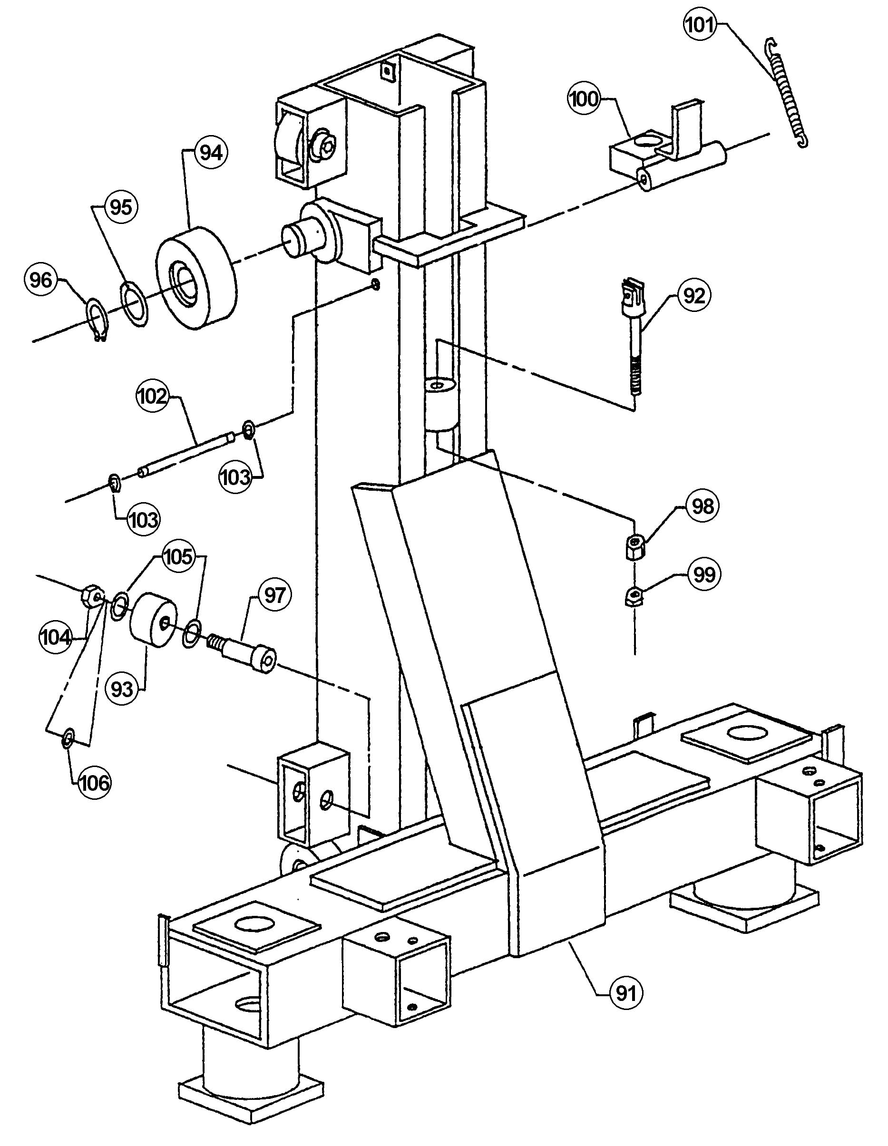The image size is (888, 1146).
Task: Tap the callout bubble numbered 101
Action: click(x=700, y=25)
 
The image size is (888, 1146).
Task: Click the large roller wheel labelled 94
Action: click(x=196, y=278)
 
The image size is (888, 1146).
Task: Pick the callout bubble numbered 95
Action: click(x=121, y=207)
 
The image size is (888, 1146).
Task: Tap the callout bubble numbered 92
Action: click(x=694, y=296)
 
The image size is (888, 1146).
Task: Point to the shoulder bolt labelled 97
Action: click(x=244, y=651)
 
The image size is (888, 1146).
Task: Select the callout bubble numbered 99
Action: click(x=703, y=574)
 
